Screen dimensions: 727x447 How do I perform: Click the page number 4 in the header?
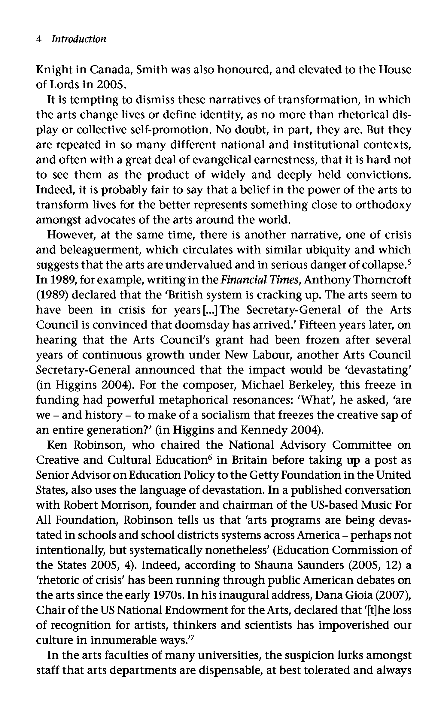39,39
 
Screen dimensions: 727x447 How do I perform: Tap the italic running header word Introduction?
79,39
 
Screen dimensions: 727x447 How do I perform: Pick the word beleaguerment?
92,250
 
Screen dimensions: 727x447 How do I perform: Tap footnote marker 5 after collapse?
409,262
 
